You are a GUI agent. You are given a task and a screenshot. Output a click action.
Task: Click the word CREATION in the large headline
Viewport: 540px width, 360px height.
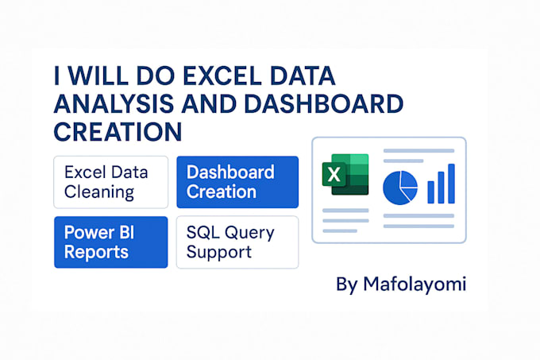(x=118, y=129)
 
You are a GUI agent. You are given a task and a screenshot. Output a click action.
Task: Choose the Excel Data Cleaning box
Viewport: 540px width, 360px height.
(x=110, y=182)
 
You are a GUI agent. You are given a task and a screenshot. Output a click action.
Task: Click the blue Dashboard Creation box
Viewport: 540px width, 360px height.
(x=237, y=182)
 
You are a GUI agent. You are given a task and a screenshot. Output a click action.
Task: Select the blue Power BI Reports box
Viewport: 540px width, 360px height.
(x=110, y=242)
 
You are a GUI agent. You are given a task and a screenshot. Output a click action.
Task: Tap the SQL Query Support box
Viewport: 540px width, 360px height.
(x=237, y=242)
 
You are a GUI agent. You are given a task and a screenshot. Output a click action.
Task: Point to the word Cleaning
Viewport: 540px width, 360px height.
(x=99, y=192)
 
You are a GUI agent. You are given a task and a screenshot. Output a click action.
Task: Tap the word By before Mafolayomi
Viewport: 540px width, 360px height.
(x=347, y=285)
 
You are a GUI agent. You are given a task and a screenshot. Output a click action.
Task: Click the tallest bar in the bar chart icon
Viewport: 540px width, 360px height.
(x=451, y=183)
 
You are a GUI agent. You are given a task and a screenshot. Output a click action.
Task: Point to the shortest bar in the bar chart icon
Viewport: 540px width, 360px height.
(x=431, y=192)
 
